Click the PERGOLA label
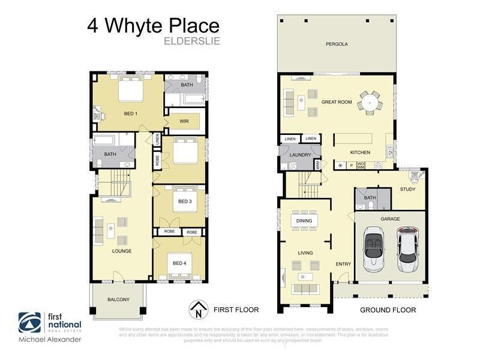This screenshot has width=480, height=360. (337, 44)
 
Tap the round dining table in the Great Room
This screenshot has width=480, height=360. (370, 103)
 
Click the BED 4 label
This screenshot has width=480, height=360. (180, 263)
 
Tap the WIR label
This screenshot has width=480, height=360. (184, 121)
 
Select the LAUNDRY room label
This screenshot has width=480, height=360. (300, 155)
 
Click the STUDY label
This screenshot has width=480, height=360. (408, 189)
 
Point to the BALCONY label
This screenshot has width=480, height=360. (118, 299)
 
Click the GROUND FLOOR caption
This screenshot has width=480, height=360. (388, 310)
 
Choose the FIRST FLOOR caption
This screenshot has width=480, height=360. (236, 310)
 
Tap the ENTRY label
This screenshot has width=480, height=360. (343, 264)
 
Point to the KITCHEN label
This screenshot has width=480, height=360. (361, 152)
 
